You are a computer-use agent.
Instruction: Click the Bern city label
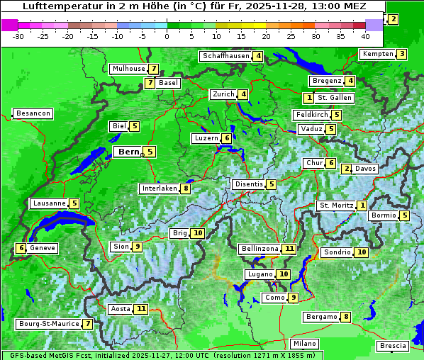tap(129, 152)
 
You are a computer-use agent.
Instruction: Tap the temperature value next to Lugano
tap(284, 274)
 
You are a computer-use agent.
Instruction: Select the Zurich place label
tap(223, 94)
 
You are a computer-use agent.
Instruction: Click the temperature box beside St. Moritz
tap(362, 206)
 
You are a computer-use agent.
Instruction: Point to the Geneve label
tap(43, 248)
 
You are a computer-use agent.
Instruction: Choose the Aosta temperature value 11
tap(142, 309)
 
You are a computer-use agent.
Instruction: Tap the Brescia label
tap(393, 346)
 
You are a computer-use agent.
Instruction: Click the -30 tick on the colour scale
tap(18, 36)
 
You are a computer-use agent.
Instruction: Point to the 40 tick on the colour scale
tap(365, 36)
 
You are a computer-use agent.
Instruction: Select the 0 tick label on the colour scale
tap(167, 36)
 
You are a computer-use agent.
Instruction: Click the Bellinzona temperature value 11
tap(289, 249)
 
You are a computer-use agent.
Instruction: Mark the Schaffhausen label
tap(225, 56)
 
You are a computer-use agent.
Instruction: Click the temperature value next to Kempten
tap(401, 54)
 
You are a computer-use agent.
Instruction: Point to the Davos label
tap(365, 169)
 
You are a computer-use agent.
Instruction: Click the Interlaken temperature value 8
tap(185, 189)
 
